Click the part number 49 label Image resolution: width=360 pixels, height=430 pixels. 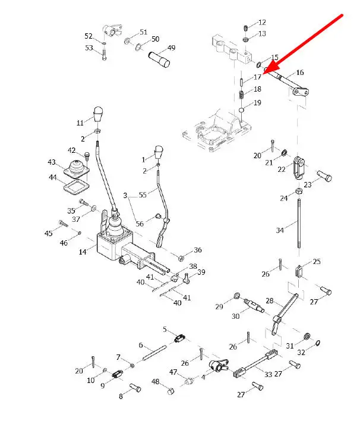(x=171, y=48)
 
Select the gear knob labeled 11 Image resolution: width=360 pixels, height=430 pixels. (x=99, y=114)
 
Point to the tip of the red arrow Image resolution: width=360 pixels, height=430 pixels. (x=264, y=73)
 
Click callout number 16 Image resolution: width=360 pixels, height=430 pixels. (x=299, y=72)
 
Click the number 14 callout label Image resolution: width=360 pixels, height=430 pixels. (x=83, y=252)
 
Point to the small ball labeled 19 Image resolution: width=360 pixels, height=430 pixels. (x=242, y=110)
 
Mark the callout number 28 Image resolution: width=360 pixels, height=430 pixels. (x=269, y=301)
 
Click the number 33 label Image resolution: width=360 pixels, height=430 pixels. (x=268, y=374)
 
